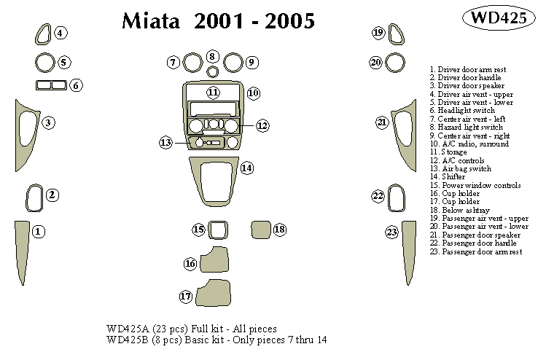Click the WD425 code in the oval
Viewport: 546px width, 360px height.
[x=499, y=19]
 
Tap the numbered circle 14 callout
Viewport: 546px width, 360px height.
[x=247, y=168]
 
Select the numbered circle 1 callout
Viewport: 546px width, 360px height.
[x=39, y=232]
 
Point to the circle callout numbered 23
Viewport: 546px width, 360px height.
[x=392, y=232]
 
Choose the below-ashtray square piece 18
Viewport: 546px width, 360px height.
[x=261, y=230]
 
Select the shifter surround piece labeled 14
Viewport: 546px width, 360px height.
[x=217, y=182]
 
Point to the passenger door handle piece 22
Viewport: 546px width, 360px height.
[x=396, y=197]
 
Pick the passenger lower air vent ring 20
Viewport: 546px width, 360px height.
[x=394, y=63]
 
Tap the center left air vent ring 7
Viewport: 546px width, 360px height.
[x=192, y=63]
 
